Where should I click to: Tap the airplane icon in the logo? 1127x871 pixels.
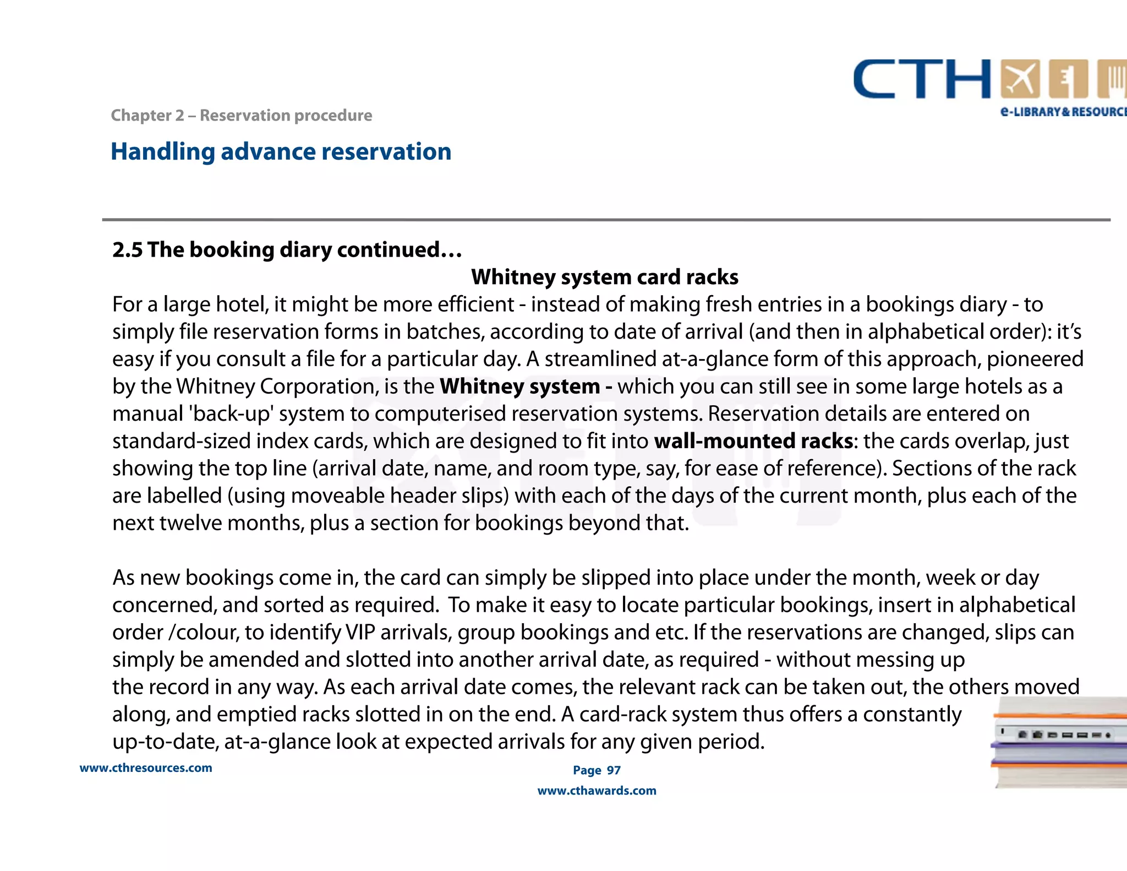[x=1020, y=79]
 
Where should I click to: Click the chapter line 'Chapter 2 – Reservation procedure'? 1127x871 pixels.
[x=241, y=116]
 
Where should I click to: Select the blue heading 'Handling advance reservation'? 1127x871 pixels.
[x=281, y=152]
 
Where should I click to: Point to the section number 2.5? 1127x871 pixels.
[x=127, y=250]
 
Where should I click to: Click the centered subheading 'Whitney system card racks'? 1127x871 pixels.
[x=604, y=277]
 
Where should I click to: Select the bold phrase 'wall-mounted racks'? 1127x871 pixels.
[x=753, y=441]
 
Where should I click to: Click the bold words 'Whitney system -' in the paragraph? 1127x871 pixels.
[x=526, y=386]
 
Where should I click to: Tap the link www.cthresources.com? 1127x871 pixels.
[x=146, y=768]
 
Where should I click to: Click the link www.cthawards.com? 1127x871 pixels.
[x=597, y=791]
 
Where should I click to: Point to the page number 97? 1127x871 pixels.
[x=614, y=770]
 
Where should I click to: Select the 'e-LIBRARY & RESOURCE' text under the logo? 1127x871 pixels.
[x=1063, y=112]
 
